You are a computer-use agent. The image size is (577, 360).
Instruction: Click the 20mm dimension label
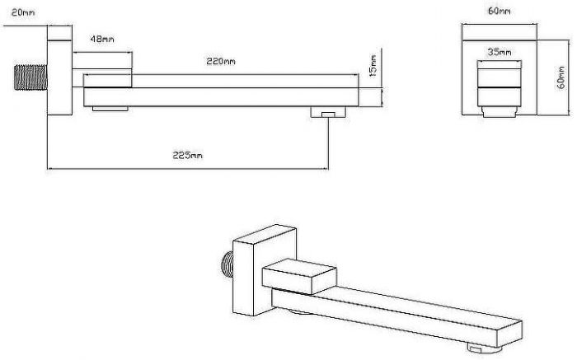pyautogui.click(x=23, y=13)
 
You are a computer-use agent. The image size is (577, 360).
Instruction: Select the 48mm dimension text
pyautogui.click(x=102, y=39)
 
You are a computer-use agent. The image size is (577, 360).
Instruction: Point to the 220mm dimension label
pyautogui.click(x=220, y=62)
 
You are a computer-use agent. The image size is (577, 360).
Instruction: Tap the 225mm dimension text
pyautogui.click(x=188, y=156)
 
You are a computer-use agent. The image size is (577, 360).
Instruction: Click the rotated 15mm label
pyautogui.click(x=373, y=66)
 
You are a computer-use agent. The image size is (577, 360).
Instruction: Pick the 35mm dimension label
pyautogui.click(x=500, y=52)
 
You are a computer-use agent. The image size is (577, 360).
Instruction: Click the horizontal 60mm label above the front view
pyautogui.click(x=499, y=11)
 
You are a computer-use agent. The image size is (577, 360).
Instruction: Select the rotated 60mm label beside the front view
pyautogui.click(x=561, y=77)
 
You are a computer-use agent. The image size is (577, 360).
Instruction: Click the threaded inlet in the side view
pyautogui.click(x=31, y=77)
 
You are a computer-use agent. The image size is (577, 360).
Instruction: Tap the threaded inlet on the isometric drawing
pyautogui.click(x=227, y=264)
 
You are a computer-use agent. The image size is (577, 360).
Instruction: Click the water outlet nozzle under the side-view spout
pyautogui.click(x=328, y=112)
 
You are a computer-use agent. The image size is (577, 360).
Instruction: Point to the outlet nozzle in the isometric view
pyautogui.click(x=476, y=347)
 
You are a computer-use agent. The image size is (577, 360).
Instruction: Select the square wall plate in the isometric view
pyautogui.click(x=265, y=270)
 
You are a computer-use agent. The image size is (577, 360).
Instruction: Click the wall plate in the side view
pyautogui.click(x=59, y=71)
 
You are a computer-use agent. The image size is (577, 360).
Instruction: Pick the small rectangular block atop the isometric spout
pyautogui.click(x=299, y=276)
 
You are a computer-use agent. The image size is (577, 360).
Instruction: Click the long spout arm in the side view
pyautogui.click(x=221, y=96)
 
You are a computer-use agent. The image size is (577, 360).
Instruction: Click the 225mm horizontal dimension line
pyautogui.click(x=188, y=169)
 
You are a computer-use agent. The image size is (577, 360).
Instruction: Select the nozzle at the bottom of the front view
pyautogui.click(x=500, y=112)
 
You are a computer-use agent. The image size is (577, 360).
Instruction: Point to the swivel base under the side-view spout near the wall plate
pyautogui.click(x=110, y=109)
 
